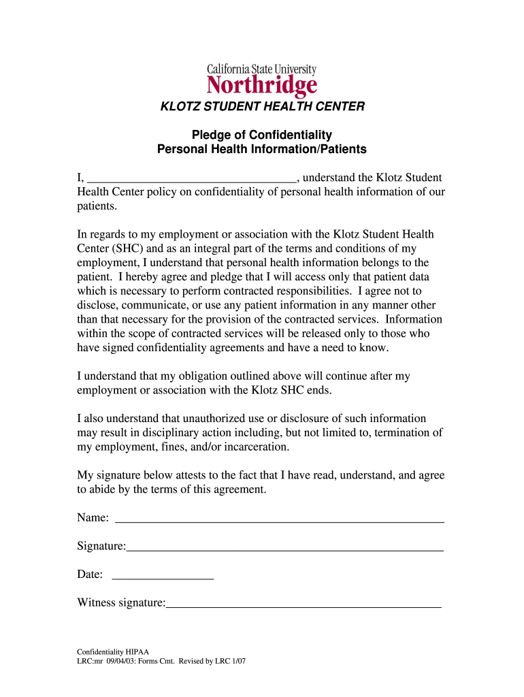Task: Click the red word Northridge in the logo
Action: (261, 86)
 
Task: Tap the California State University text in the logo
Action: (261, 69)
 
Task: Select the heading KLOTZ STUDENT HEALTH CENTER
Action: (262, 107)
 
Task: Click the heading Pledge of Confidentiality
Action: (262, 135)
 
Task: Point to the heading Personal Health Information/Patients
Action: (262, 149)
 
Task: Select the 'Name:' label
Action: (93, 518)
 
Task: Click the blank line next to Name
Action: (280, 520)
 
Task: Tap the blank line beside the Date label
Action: (162, 577)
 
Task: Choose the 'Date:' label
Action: (90, 574)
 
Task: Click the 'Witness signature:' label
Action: (121, 603)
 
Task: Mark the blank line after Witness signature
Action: (304, 604)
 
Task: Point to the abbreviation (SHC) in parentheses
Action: (125, 248)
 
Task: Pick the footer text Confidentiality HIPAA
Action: (112, 651)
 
